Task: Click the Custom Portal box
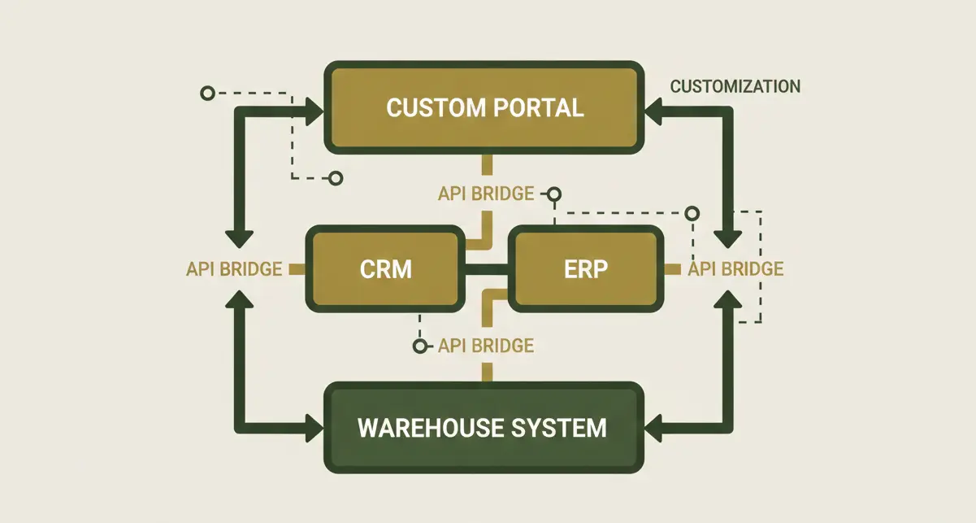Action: pyautogui.click(x=484, y=107)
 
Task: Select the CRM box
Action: pyautogui.click(x=386, y=269)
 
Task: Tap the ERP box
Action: pyautogui.click(x=586, y=269)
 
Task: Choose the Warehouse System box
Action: pyautogui.click(x=484, y=427)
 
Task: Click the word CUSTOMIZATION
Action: pyautogui.click(x=735, y=86)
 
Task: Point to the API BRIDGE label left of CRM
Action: pyautogui.click(x=234, y=269)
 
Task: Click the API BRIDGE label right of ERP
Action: pyautogui.click(x=735, y=269)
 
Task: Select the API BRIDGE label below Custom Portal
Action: pyautogui.click(x=486, y=194)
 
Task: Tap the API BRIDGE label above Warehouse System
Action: pyautogui.click(x=486, y=345)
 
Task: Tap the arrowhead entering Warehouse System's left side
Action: pyautogui.click(x=313, y=427)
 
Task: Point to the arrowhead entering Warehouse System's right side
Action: pyautogui.click(x=657, y=427)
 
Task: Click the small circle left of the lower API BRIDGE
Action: pyautogui.click(x=419, y=346)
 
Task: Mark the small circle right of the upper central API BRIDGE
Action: pyautogui.click(x=554, y=194)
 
